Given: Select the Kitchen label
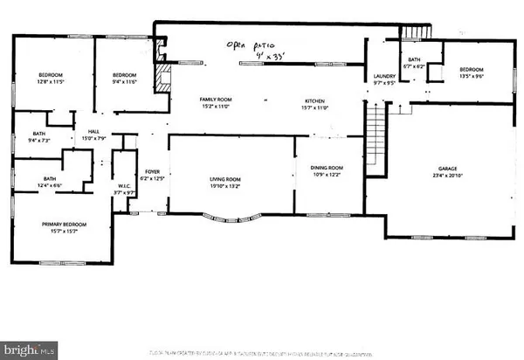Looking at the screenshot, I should (x=314, y=100).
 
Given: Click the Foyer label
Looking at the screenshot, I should (x=153, y=172).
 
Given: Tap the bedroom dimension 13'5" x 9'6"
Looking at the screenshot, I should (x=472, y=74).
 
